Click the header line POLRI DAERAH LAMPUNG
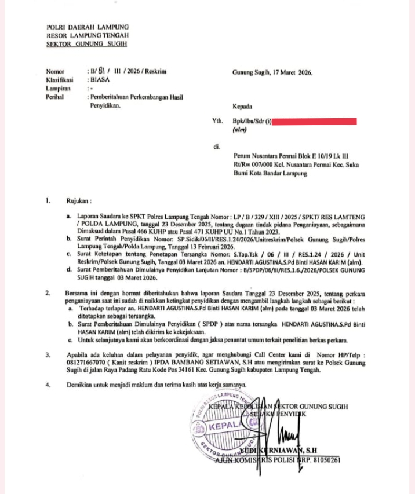coord(88,27)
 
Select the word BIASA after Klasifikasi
coord(97,80)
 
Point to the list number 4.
coord(48,385)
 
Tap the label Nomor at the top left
coord(54,72)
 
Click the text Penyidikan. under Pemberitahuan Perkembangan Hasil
coord(103,106)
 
